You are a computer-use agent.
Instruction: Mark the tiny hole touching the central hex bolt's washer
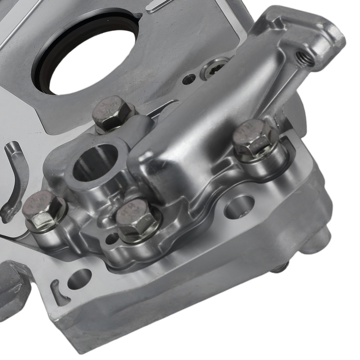pyautogui.click(x=112, y=238)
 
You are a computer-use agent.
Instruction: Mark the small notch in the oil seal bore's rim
pyautogui.click(x=139, y=16)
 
